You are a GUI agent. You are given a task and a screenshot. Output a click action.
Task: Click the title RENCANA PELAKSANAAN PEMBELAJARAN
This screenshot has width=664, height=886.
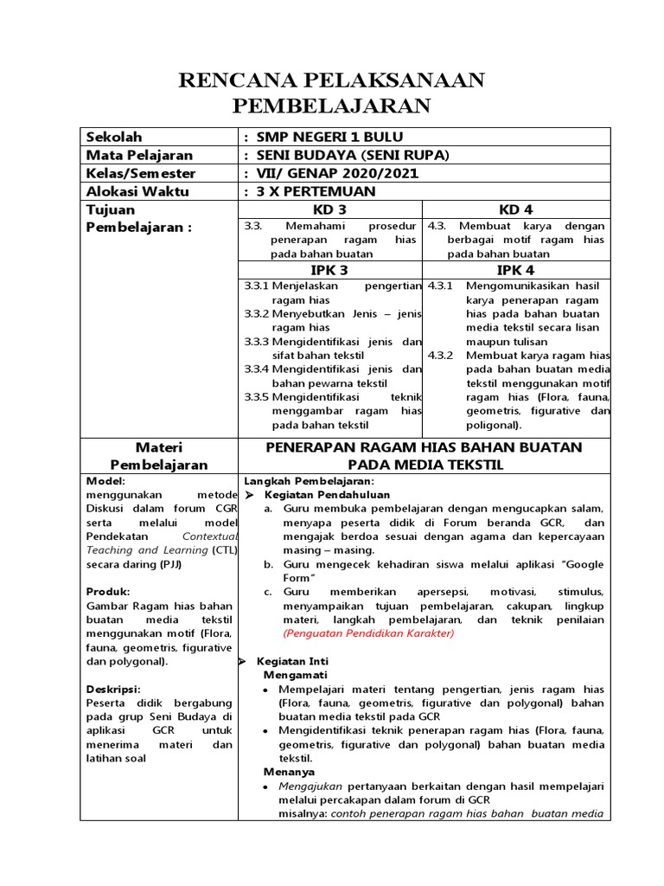(x=331, y=93)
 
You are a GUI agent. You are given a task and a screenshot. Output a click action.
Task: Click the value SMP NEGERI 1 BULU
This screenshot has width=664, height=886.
(x=324, y=137)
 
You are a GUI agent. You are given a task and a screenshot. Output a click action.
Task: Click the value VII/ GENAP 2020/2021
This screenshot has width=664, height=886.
(x=332, y=173)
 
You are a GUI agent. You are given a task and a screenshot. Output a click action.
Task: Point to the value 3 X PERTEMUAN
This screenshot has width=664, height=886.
(x=310, y=191)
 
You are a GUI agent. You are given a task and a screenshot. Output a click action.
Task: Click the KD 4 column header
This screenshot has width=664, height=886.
(x=517, y=210)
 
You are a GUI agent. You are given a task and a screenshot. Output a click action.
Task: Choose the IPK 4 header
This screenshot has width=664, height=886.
(x=517, y=269)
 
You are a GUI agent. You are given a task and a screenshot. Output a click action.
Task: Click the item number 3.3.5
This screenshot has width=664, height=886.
(x=257, y=396)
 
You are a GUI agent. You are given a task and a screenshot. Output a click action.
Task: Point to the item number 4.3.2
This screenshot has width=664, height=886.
(x=441, y=356)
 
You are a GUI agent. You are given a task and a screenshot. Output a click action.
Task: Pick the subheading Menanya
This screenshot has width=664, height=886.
(x=290, y=771)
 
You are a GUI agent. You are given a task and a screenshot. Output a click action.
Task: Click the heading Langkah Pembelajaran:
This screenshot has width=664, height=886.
(x=309, y=480)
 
